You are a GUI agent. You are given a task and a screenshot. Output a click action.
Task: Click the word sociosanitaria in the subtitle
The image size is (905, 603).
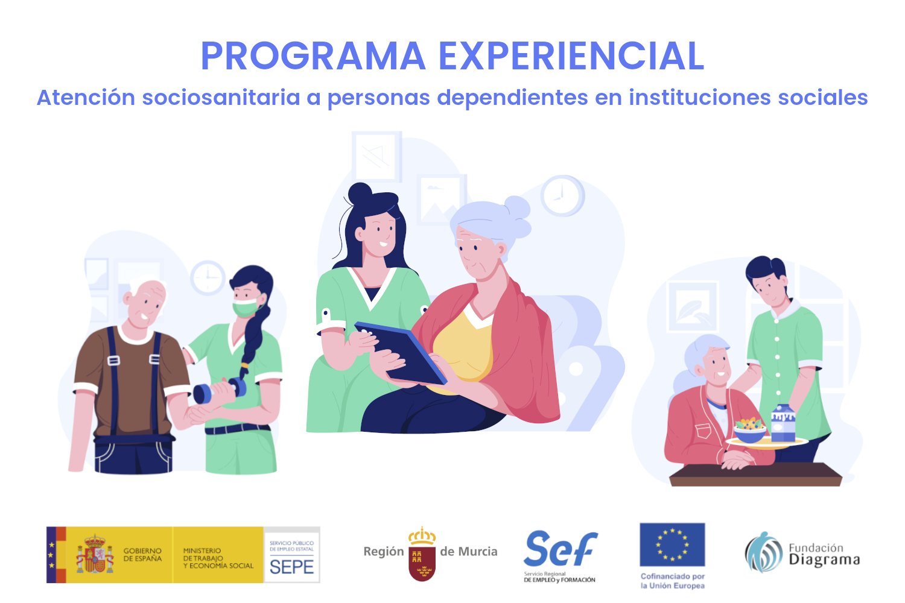click(x=221, y=97)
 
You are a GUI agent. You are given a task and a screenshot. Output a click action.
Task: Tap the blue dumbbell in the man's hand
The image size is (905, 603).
click(x=220, y=391)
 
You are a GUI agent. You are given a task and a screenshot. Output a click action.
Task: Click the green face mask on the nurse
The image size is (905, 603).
click(x=246, y=306)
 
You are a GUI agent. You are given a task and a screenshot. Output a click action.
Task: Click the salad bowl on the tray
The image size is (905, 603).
click(x=749, y=431)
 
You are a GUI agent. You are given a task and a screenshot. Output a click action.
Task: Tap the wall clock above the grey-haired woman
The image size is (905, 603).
click(x=562, y=195)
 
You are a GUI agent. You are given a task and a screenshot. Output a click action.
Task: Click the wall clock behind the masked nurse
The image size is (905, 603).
click(x=208, y=277)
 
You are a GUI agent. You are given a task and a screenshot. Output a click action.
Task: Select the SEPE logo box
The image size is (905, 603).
click(x=291, y=555)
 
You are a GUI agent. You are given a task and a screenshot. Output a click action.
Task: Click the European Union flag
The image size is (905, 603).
click(x=672, y=545)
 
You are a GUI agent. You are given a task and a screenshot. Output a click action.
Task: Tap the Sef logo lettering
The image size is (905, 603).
click(x=560, y=549)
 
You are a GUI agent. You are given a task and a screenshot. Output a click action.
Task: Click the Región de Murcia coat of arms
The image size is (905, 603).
click(x=422, y=554)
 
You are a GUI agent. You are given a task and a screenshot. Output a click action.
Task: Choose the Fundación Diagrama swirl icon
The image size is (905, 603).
click(x=764, y=552)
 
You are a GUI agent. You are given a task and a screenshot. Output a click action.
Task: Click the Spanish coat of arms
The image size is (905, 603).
click(x=95, y=554)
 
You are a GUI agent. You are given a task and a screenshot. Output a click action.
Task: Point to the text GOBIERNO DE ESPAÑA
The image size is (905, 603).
click(x=142, y=555)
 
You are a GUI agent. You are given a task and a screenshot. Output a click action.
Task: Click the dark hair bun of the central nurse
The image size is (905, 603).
click(x=360, y=194)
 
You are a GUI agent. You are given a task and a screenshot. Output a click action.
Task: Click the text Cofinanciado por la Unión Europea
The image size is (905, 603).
click(x=673, y=581)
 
